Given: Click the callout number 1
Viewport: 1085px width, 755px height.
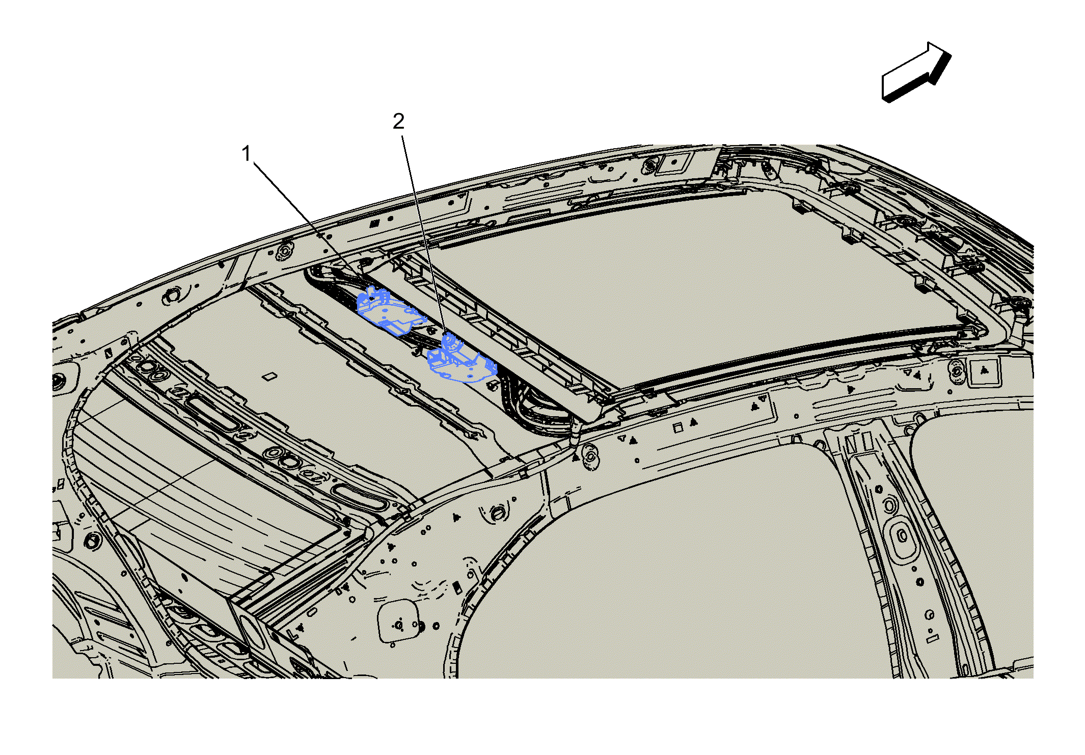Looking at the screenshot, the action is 247,154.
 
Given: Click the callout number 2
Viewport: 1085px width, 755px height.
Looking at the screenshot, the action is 398,121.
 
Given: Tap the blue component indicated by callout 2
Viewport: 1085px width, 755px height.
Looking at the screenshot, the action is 461,360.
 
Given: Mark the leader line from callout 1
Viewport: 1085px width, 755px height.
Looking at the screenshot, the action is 308,226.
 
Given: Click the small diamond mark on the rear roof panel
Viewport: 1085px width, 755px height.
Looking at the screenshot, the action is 269,377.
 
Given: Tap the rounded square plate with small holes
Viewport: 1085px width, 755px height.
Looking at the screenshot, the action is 399,622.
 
